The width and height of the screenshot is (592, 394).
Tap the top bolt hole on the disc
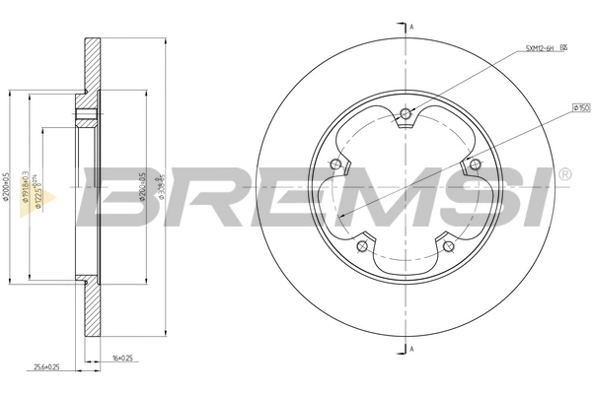point(406,114)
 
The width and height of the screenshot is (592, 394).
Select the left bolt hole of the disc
point(335,164)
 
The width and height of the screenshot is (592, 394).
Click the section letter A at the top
point(410,28)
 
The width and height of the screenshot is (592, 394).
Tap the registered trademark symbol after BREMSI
point(563,175)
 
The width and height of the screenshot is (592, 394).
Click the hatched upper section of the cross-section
point(91,65)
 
